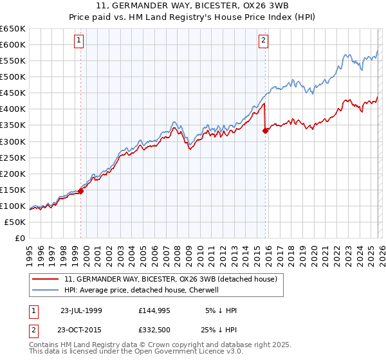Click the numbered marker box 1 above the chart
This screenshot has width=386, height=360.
(78, 40)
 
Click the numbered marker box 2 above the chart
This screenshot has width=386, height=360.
(264, 40)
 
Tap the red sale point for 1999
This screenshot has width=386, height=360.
(81, 191)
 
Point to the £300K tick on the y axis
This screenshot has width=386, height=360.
(13, 141)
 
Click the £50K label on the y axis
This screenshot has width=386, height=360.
(15, 222)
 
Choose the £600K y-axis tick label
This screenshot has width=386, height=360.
(13, 44)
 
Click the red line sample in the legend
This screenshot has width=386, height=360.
(46, 280)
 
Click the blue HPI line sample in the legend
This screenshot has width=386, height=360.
(46, 290)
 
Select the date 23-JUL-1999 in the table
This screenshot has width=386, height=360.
(81, 310)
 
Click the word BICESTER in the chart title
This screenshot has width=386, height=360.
(174, 6)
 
